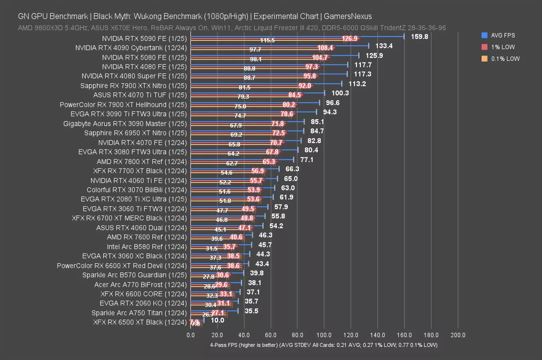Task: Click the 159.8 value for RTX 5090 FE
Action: tap(420, 36)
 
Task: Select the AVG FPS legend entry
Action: tap(503, 35)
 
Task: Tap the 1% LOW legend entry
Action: tap(503, 47)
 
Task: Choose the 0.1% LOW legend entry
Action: tap(505, 58)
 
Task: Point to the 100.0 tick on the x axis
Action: tap(324, 335)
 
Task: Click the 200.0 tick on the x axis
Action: tap(458, 335)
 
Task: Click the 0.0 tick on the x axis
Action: tap(191, 335)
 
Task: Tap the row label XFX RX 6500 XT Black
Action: tap(140, 322)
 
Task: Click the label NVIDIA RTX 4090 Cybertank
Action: tap(131, 48)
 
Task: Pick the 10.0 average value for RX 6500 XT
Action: tap(217, 320)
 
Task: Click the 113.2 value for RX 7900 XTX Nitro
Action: tap(357, 84)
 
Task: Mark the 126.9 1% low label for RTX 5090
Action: tap(349, 38)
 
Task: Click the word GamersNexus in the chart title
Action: tap(347, 16)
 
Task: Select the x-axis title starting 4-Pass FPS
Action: tap(323, 345)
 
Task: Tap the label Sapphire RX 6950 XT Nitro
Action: tap(135, 133)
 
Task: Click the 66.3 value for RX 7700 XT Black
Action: tap(292, 169)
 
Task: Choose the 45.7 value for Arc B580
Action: tap(265, 245)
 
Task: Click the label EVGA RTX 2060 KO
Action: tap(143, 303)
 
